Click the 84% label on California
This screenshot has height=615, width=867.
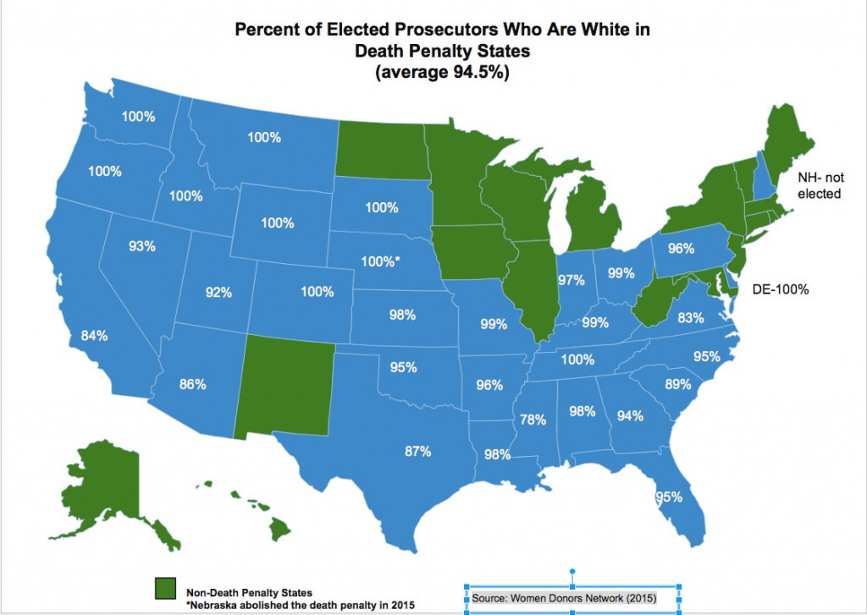(94, 336)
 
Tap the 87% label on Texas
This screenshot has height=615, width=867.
(417, 451)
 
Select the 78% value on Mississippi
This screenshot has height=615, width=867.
(533, 420)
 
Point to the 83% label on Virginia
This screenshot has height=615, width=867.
(691, 318)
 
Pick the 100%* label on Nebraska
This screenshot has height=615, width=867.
(380, 261)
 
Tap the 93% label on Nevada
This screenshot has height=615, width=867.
(142, 246)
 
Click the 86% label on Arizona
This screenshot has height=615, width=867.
(192, 384)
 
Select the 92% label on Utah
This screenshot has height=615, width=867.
(218, 292)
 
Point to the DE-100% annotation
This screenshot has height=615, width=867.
(781, 289)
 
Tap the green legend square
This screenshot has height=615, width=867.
(164, 589)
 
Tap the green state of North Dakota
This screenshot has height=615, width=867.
(381, 157)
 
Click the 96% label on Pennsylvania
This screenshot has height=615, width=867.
(681, 249)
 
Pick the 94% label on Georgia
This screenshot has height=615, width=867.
(630, 415)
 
